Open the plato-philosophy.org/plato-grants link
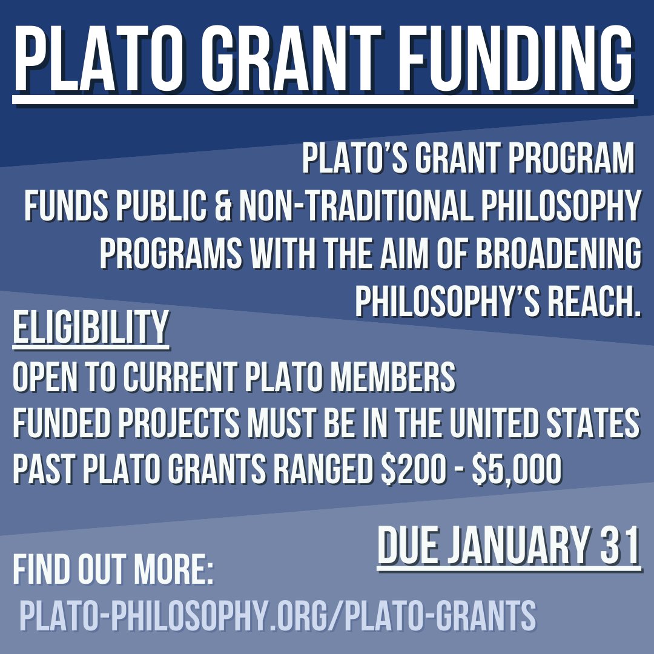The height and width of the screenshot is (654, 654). click(x=277, y=614)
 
